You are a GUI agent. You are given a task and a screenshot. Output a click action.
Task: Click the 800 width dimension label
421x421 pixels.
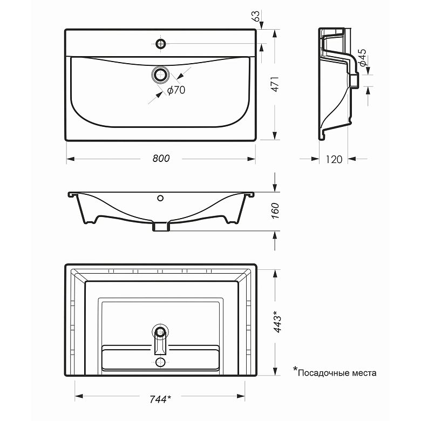click(x=161, y=158)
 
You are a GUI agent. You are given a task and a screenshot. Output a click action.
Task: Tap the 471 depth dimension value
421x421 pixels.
click(x=275, y=84)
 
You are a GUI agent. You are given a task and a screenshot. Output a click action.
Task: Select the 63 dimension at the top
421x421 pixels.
click(x=256, y=16)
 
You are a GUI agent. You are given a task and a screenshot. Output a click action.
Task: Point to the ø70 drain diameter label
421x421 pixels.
click(x=176, y=90)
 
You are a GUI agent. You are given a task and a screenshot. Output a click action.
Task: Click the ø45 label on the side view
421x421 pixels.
click(x=363, y=57)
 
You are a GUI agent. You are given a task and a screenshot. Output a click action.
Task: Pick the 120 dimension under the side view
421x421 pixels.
click(x=334, y=159)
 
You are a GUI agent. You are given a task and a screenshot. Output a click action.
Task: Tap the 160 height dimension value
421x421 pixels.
click(x=275, y=210)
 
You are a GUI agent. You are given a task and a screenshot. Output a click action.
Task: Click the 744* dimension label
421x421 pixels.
click(x=160, y=399)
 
